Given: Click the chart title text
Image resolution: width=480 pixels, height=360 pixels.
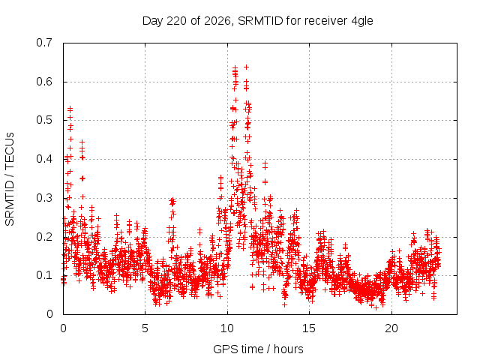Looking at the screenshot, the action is pyautogui.click(x=258, y=21).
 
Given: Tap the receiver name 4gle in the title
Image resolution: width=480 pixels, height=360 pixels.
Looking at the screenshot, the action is pyautogui.click(x=362, y=22).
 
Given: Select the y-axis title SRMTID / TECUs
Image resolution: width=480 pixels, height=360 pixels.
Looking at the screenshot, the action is pyautogui.click(x=10, y=179).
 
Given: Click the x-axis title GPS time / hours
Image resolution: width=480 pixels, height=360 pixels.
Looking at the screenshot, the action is pyautogui.click(x=258, y=349).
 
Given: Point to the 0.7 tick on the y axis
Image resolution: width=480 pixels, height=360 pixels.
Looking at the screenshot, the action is pyautogui.click(x=44, y=43).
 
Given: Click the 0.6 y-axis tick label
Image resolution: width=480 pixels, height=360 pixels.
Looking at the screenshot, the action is pyautogui.click(x=44, y=82).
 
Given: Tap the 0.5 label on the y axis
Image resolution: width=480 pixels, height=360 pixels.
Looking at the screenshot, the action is pyautogui.click(x=44, y=120).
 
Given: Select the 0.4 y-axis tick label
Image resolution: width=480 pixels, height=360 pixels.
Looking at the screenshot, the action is pyautogui.click(x=44, y=159).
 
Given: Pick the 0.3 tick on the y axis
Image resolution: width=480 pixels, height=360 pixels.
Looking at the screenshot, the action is pyautogui.click(x=44, y=198).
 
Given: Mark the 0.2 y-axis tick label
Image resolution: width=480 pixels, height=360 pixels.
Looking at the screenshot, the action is pyautogui.click(x=44, y=237).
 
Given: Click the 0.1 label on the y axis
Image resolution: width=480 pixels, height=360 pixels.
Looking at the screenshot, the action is pyautogui.click(x=44, y=275).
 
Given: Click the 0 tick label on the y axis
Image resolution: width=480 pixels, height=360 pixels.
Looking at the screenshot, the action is pyautogui.click(x=49, y=314).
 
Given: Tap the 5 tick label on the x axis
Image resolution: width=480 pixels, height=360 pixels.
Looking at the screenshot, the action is pyautogui.click(x=145, y=328).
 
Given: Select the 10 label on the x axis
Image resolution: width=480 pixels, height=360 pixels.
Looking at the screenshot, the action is pyautogui.click(x=227, y=328).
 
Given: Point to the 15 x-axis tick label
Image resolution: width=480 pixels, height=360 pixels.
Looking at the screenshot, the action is pyautogui.click(x=309, y=328).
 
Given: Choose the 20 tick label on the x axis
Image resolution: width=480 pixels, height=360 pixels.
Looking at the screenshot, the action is pyautogui.click(x=391, y=328).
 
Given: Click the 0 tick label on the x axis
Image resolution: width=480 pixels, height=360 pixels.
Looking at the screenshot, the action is pyautogui.click(x=63, y=328).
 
